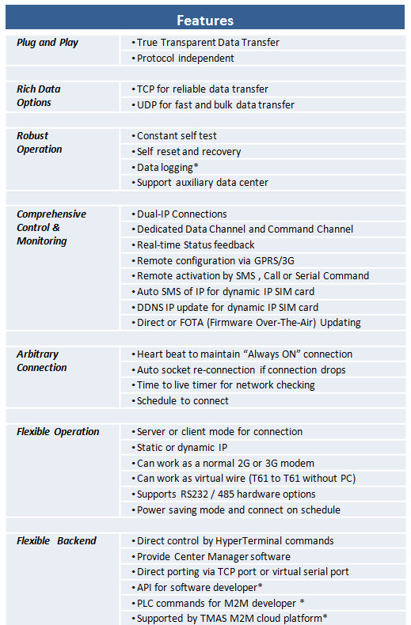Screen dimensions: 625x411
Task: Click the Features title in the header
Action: tap(205, 21)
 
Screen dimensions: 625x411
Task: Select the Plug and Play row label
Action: tap(48, 43)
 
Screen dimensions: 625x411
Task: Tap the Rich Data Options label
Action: tap(38, 96)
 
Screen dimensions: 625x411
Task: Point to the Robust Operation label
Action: tap(39, 142)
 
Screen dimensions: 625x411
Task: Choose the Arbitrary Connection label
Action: tap(41, 361)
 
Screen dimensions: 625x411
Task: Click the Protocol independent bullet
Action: tap(185, 58)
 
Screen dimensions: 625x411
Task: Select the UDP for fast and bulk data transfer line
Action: tap(215, 104)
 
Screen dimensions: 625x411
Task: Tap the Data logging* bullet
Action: tap(167, 167)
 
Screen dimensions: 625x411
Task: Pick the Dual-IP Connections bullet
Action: tap(181, 214)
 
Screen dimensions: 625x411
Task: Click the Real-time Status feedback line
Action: tap(196, 244)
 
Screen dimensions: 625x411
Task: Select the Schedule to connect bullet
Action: tap(182, 400)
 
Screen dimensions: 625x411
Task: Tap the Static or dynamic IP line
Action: tap(182, 447)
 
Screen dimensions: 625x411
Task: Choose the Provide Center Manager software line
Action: tap(214, 556)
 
